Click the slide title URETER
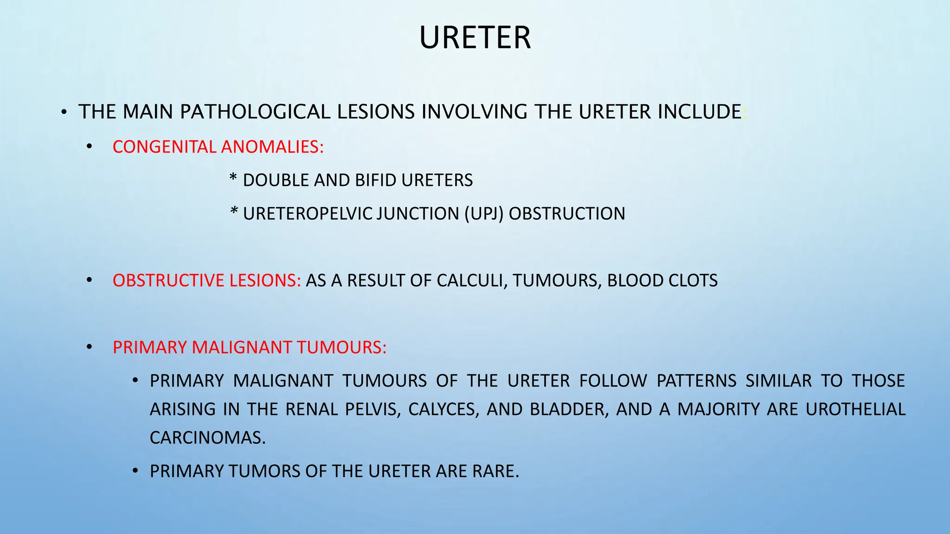coord(475,38)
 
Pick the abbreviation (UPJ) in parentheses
coord(483,214)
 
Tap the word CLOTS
coord(694,280)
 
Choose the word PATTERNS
coord(696,381)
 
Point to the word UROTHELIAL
coord(855,409)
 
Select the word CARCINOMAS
coord(207,438)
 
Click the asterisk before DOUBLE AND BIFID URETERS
coord(234,179)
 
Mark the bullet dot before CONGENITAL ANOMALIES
coord(89,147)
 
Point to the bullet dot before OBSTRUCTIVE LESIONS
coord(89,281)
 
